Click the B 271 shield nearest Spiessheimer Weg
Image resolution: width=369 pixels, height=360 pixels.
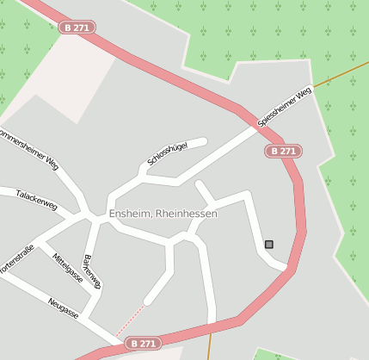coord(282,151)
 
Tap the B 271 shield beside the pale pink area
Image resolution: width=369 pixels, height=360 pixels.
coord(77,28)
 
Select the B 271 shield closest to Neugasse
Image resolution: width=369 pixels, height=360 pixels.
coord(143,343)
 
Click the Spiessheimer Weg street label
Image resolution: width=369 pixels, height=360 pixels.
coord(284,108)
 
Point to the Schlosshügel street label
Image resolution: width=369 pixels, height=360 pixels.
coord(167,152)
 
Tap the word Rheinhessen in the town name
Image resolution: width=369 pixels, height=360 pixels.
coord(187,214)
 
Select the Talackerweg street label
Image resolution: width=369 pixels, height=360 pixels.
coord(37,200)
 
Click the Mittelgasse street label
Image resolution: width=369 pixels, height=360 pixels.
coord(67,268)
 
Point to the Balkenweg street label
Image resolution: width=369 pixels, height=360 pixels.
coord(91,270)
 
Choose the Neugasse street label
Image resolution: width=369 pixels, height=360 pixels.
coord(64,308)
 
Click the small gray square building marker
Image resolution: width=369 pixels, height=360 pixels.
coord(269,245)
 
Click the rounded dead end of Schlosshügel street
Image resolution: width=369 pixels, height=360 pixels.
coord(203,140)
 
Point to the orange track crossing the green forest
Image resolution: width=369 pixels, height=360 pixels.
coord(341,77)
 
